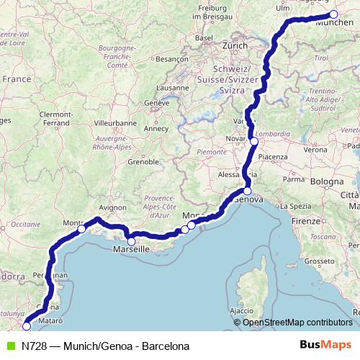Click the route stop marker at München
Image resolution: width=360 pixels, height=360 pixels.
click(333, 14)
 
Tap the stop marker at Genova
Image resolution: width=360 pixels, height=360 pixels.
click(247, 192)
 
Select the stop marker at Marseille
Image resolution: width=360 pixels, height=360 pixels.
click(131, 241)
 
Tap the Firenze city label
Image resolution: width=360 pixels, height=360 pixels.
click(306, 219)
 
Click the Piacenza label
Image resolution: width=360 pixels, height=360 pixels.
click(274, 156)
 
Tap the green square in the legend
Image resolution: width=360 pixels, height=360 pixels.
click(9, 346)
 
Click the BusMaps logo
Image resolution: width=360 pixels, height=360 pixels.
click(325, 346)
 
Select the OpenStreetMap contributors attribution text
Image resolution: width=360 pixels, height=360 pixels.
click(297, 323)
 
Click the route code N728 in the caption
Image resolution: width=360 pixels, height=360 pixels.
click(35, 346)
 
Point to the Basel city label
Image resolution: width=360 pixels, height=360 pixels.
click(205, 37)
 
